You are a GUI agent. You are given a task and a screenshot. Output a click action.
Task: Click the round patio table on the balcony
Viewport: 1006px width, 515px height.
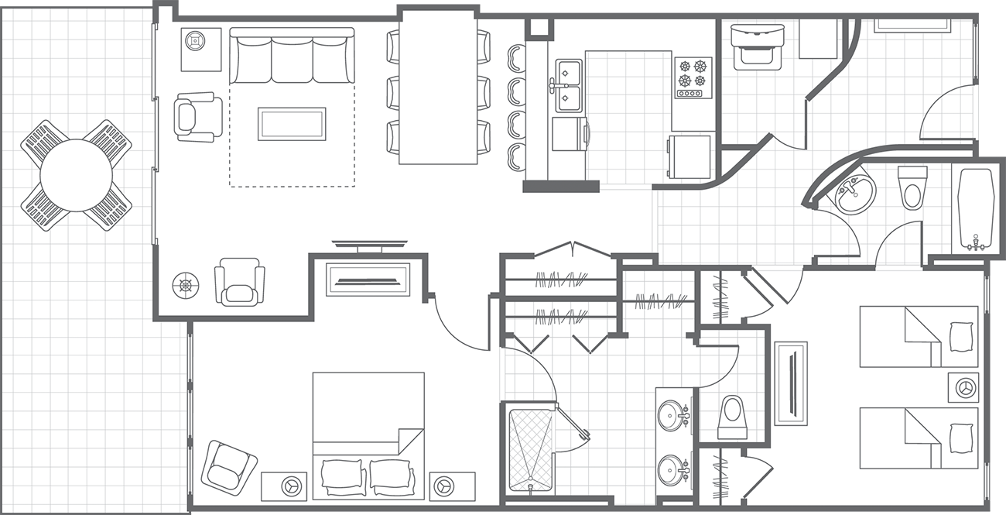[76, 175]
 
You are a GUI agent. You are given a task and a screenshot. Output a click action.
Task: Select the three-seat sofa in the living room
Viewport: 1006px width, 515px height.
[292, 57]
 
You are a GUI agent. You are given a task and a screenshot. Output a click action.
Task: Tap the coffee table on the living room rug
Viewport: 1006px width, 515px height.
[292, 124]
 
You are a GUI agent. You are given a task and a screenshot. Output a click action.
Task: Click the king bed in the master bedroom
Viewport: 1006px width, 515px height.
[368, 434]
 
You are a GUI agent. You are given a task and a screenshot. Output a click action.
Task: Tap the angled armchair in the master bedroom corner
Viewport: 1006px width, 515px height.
[229, 467]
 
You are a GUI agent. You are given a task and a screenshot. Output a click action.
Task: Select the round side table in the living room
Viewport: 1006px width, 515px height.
[186, 285]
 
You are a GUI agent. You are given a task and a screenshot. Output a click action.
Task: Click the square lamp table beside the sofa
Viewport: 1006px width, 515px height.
[200, 48]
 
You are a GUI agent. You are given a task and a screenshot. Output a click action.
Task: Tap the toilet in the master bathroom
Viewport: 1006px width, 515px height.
[731, 417]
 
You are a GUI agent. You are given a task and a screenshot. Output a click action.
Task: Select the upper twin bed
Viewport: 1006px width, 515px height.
[919, 336]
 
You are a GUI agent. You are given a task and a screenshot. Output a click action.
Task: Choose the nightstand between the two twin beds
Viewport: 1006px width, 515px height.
[965, 386]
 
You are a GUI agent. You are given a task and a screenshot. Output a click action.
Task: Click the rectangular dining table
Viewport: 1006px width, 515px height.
[438, 89]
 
